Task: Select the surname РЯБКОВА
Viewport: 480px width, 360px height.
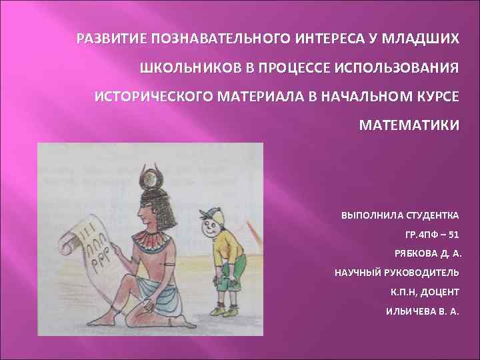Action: coord(419,254)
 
